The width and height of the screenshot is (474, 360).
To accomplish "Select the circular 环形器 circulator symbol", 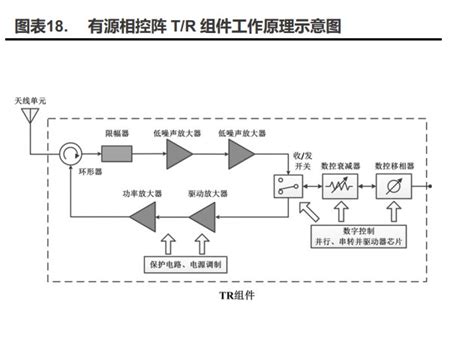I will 71,153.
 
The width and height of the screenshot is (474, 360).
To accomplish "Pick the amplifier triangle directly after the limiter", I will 179,153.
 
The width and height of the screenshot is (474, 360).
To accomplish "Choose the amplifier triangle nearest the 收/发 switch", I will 241,153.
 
